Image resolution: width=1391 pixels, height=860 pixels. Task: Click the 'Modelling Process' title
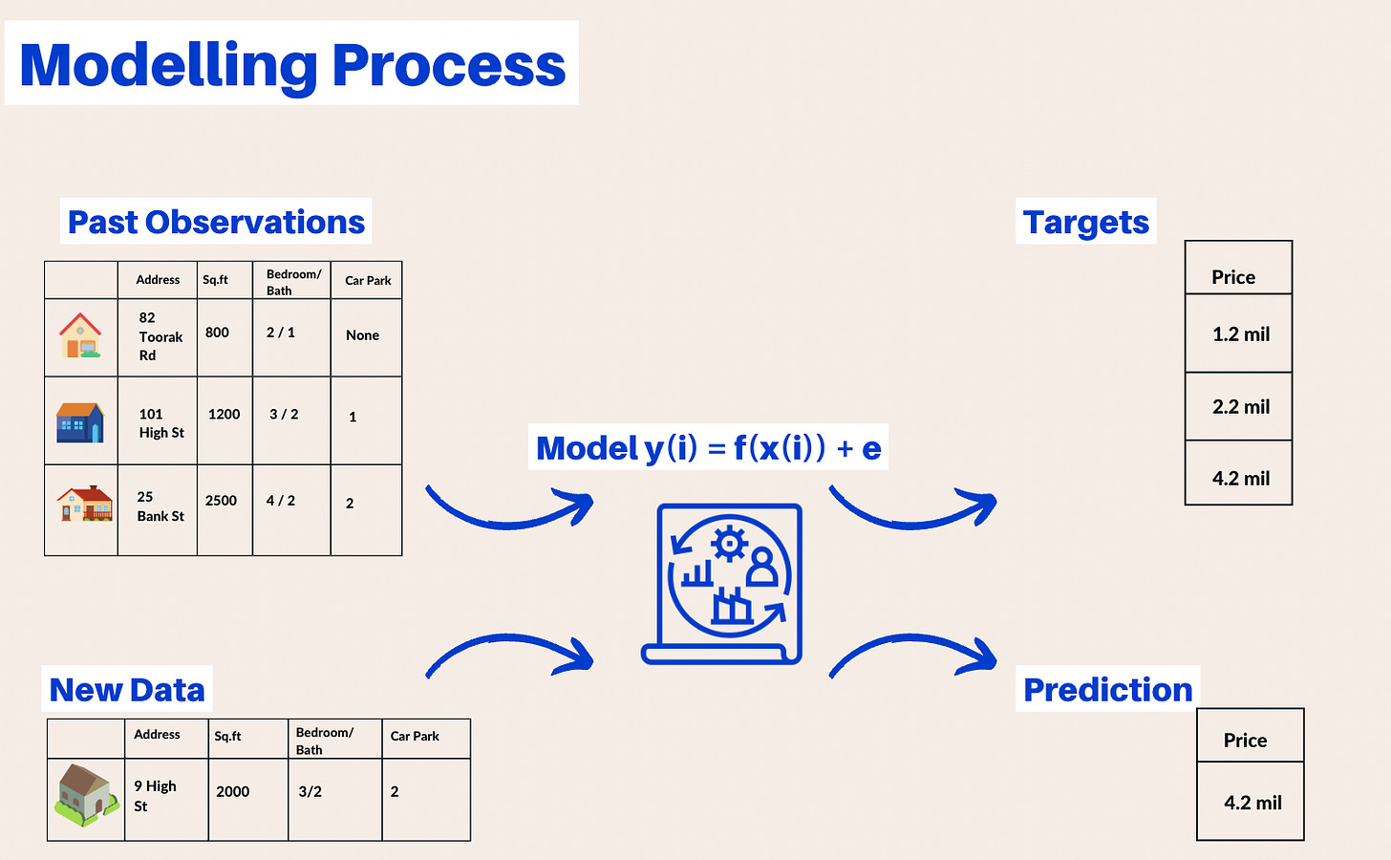coord(292,65)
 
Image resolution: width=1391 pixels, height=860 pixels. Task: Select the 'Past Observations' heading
coord(216,222)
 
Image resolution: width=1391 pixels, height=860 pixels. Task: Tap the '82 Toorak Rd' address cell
coord(158,336)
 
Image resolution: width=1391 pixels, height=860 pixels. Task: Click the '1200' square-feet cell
coord(225,415)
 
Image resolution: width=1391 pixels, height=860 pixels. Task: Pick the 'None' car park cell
coord(363,335)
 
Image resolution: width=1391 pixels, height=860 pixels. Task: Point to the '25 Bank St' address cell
coord(159,506)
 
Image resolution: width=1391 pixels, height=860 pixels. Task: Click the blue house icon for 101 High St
coord(80,421)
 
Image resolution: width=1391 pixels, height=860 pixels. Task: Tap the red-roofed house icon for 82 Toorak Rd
coord(80,335)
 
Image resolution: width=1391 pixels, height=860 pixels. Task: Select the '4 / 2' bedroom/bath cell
coord(281,501)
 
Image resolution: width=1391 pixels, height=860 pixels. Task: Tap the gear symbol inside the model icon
coord(730,544)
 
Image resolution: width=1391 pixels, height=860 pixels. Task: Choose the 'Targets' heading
coord(1086,222)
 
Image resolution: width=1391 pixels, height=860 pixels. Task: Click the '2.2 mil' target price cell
coord(1241,407)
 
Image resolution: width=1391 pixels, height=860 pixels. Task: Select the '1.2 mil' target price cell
coord(1241,334)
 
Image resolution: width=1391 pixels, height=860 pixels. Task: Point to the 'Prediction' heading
coord(1107,690)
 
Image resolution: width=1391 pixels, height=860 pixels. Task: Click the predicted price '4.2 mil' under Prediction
coord(1252,803)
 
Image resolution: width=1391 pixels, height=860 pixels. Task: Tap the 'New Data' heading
coord(127,690)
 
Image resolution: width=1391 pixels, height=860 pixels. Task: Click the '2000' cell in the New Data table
coord(233,791)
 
